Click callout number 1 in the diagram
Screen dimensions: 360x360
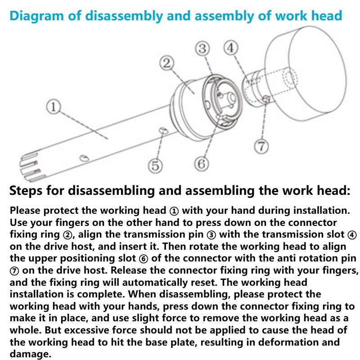coord(53,107)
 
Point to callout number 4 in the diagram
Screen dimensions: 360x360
coord(231,48)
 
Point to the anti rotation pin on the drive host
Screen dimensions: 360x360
coord(266,99)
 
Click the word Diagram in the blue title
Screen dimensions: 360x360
coord(36,16)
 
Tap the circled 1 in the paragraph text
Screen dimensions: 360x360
coord(173,211)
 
